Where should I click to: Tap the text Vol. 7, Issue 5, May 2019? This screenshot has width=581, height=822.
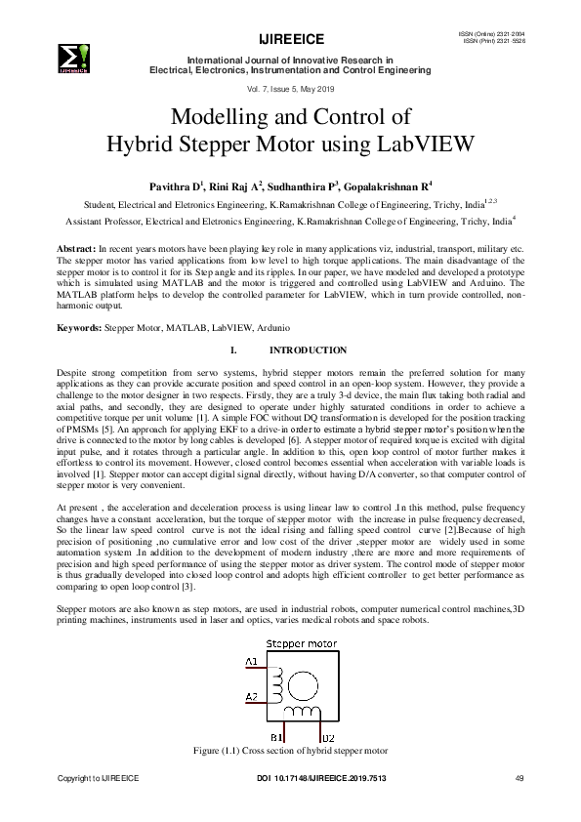pos(289,89)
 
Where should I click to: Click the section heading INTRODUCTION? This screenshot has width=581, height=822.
pos(308,349)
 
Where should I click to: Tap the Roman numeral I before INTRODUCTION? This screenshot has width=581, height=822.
pos(231,349)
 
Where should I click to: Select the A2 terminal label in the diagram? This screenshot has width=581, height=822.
pos(252,697)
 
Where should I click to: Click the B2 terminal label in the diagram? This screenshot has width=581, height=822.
pos(328,737)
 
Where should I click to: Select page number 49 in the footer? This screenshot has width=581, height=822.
pos(519,777)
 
